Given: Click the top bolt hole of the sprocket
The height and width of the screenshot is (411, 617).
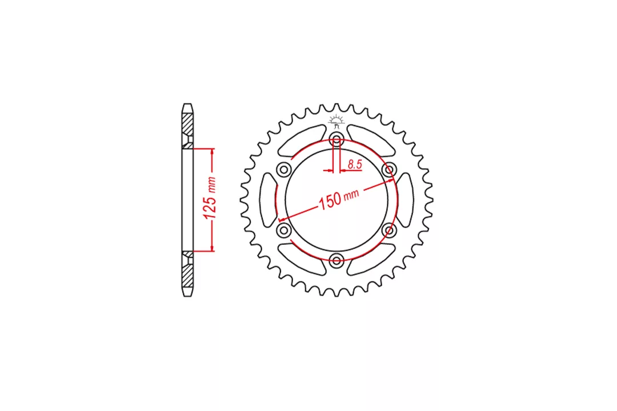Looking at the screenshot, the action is pos(336,139).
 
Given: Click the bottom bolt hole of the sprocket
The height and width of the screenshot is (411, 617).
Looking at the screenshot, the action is pos(336,260).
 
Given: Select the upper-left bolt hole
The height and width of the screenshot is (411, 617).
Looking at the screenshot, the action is pos(284,170).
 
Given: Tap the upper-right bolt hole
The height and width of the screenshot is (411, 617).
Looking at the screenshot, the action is pos(389,170).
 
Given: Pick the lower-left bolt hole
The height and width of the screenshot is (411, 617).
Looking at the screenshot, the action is pos(284,230).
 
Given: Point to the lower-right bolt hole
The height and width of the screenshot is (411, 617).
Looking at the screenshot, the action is pos(389,230).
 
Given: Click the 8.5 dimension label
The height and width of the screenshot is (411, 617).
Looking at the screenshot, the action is pos(355,164).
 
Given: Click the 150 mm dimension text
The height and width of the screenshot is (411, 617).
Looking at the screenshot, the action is pos(338,199).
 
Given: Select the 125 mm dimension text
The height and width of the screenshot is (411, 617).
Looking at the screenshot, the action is pos(209,198).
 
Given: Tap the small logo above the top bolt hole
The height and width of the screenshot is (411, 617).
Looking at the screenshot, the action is pos(336,122).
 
